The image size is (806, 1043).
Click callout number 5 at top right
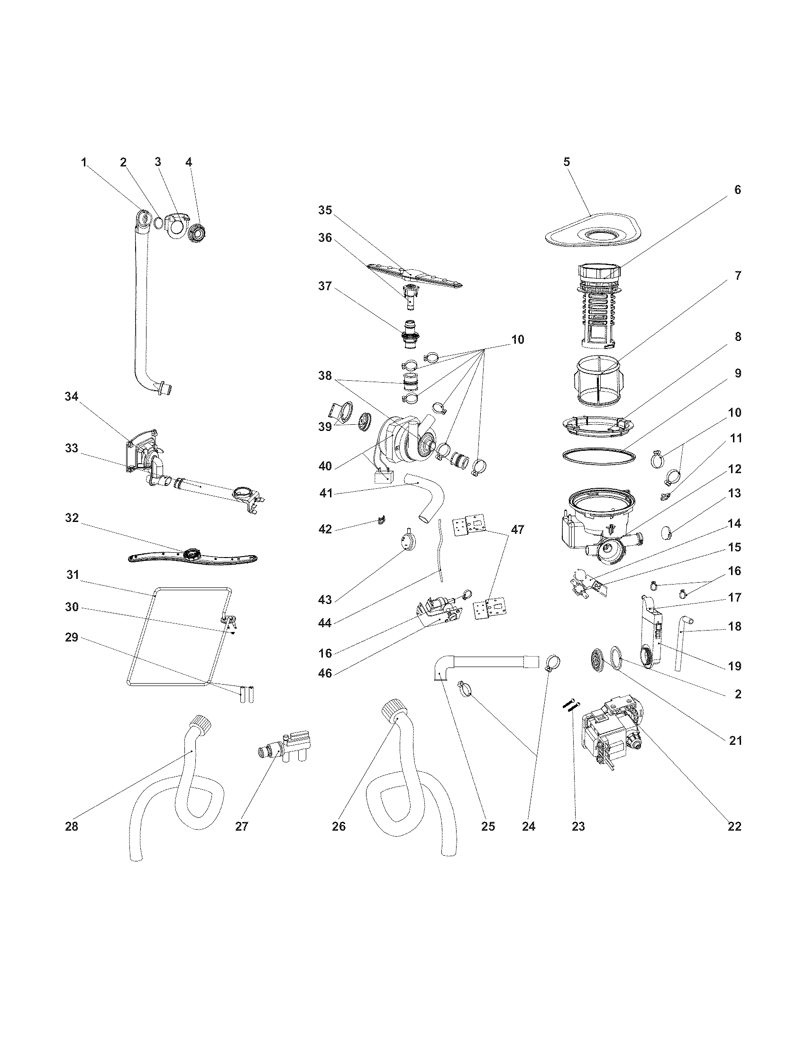click(x=566, y=162)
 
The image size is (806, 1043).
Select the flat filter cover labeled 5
click(x=592, y=232)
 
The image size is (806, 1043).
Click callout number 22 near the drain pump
click(x=734, y=826)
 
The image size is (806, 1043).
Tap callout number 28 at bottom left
click(x=71, y=826)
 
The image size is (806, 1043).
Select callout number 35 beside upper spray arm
click(x=325, y=210)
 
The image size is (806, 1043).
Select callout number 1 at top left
click(x=84, y=162)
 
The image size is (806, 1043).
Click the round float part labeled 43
click(x=408, y=542)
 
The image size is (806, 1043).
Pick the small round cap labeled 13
click(x=667, y=531)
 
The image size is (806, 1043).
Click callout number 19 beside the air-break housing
click(x=734, y=666)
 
